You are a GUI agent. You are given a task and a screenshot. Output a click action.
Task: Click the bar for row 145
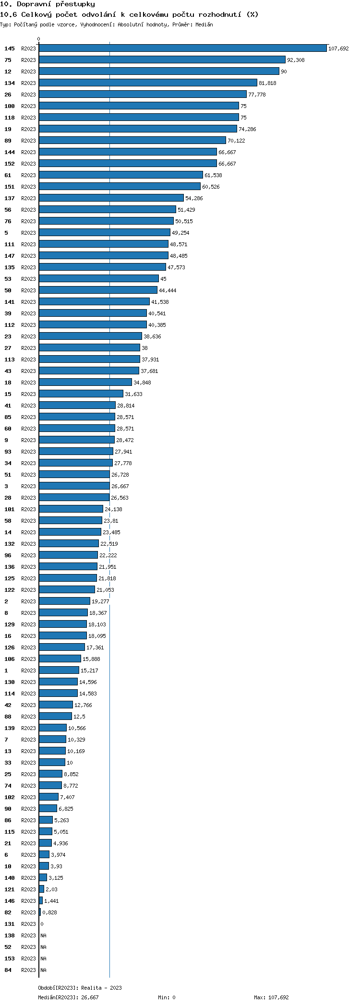(182, 48)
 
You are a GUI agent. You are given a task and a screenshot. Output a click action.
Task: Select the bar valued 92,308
(162, 60)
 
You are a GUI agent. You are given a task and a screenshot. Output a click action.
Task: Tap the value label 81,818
(267, 83)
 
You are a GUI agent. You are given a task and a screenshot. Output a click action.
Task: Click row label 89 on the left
(8, 141)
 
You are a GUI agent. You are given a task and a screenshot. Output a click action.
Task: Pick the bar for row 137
(111, 198)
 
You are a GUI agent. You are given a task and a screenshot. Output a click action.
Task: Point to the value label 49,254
(180, 233)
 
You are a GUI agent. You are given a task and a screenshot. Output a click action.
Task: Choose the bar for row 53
(99, 278)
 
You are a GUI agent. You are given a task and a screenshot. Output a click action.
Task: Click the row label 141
(10, 302)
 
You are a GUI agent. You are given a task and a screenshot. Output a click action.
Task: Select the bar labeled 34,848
(85, 382)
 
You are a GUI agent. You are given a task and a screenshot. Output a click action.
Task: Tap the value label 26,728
(120, 475)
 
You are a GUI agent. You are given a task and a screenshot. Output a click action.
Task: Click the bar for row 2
(64, 601)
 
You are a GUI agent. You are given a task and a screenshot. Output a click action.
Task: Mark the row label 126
(10, 647)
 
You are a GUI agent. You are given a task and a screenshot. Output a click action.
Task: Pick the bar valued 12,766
(56, 705)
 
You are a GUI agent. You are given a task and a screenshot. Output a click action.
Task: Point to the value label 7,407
(67, 797)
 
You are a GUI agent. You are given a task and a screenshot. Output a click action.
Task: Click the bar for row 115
(46, 831)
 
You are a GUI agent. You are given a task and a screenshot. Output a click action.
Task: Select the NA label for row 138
(43, 935)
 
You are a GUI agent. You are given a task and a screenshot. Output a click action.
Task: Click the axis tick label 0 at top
(39, 39)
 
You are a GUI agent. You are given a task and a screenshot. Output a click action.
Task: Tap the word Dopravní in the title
(34, 4)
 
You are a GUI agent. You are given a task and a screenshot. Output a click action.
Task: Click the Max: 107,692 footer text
(271, 997)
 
